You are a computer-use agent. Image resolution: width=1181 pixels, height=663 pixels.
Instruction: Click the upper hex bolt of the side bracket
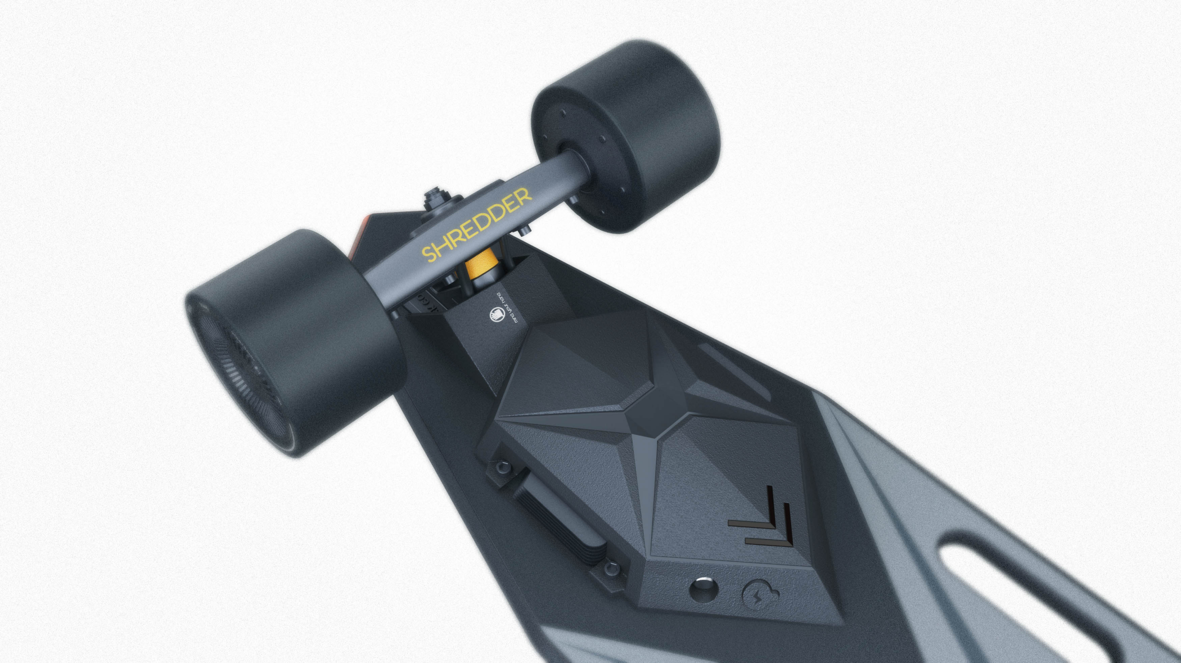[499, 466]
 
